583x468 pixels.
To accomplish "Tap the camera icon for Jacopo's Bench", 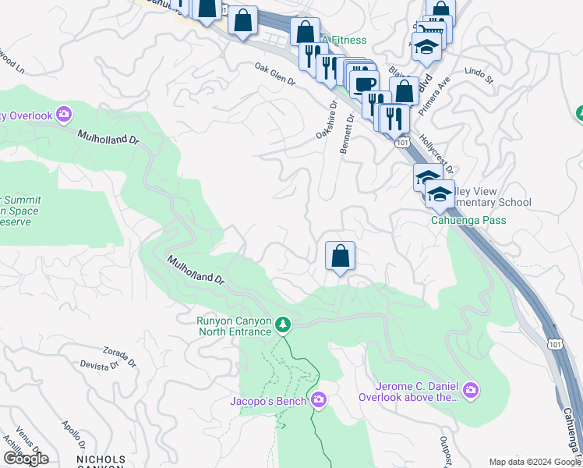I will [318, 400].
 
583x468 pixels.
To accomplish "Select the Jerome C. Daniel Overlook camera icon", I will [471, 389].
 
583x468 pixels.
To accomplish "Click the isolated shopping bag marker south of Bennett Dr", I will [340, 256].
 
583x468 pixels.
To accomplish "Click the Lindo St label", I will [479, 76].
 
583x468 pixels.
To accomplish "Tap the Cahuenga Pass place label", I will [468, 220].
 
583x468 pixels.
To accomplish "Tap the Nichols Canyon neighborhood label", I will [100, 460].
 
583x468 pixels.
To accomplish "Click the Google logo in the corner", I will [25, 458].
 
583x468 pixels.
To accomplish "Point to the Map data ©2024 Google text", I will [533, 461].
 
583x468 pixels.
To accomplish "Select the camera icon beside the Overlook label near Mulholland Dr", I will [63, 115].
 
